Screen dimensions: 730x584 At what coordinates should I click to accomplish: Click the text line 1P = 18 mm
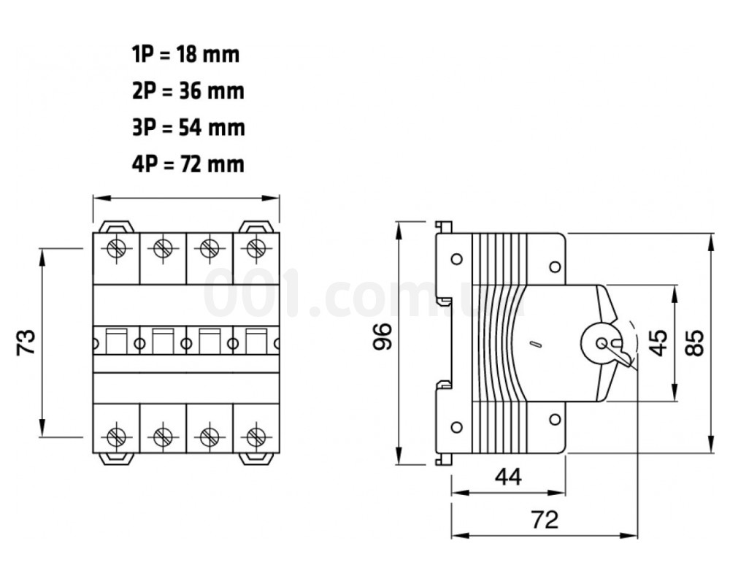(x=185, y=55)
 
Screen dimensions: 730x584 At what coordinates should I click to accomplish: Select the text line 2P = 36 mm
(x=188, y=91)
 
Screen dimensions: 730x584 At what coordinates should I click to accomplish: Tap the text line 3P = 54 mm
(x=188, y=128)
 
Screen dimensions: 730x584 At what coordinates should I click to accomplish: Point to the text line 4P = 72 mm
(x=188, y=164)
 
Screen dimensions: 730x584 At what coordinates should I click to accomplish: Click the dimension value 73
(x=26, y=342)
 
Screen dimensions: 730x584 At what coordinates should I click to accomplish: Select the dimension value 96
(x=383, y=336)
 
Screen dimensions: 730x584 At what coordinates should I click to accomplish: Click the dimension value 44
(x=508, y=477)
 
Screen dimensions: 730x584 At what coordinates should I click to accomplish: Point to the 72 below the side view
(x=545, y=519)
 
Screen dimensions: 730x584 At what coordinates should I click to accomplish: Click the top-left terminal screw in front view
(x=116, y=247)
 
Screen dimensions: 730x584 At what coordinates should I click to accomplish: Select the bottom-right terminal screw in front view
(x=255, y=437)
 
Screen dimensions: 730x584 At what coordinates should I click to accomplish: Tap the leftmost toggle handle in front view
(x=116, y=342)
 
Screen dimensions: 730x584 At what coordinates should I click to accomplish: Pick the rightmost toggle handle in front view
(x=256, y=342)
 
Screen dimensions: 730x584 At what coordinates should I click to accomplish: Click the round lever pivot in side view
(x=601, y=344)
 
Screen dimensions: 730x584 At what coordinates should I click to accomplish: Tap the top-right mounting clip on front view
(x=255, y=227)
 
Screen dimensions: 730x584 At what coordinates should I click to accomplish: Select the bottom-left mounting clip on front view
(x=116, y=458)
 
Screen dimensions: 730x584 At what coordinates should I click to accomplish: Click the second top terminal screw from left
(x=163, y=247)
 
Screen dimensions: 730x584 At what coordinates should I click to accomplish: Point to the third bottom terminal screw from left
(x=209, y=437)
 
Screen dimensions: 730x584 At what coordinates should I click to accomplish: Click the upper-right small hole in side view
(x=555, y=267)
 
